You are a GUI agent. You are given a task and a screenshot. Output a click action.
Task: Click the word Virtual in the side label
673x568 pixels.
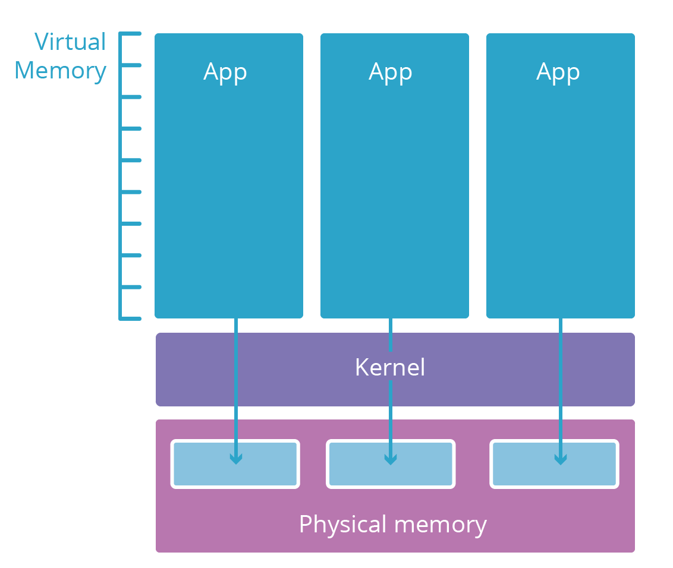point(70,42)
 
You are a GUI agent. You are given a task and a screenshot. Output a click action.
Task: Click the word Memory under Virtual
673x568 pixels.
point(60,70)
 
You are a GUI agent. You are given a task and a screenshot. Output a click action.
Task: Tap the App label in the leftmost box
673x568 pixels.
point(225,72)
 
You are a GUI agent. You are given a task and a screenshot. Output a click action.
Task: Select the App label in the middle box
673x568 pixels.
point(391,72)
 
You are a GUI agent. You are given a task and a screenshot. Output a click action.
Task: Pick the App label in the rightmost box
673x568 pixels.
point(558,72)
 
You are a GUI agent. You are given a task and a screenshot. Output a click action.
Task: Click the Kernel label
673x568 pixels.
point(390,367)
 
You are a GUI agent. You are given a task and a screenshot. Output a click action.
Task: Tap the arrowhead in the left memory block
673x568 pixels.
point(236,459)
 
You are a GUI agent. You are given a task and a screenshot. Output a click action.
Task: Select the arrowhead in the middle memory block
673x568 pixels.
point(390,459)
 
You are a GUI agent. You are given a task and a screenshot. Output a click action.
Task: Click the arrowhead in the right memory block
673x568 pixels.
point(560,459)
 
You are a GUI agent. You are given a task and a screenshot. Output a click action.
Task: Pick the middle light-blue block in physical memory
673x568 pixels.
point(357,464)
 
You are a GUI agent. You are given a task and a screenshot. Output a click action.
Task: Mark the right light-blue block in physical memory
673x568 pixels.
point(523,464)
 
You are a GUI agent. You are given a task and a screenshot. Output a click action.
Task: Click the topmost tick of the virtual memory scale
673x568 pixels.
point(131,34)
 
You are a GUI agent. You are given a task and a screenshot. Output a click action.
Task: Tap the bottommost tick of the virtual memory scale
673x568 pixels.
point(131,318)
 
